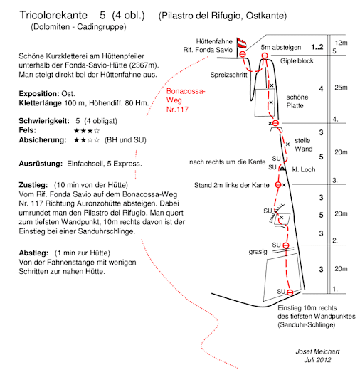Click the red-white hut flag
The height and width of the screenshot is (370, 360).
(242, 43)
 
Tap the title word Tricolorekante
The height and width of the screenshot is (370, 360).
(53, 15)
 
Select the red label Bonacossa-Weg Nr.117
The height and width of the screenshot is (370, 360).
(186, 100)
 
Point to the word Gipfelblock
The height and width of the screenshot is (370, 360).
(297, 61)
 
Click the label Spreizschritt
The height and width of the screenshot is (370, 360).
(228, 75)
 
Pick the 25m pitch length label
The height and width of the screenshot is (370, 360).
(341, 88)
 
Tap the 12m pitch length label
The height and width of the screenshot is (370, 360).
(341, 43)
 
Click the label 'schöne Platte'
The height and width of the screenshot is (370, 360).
(297, 101)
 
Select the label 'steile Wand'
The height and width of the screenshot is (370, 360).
(304, 144)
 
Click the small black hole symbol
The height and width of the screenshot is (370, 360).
(282, 169)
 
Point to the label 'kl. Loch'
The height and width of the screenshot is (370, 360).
(304, 169)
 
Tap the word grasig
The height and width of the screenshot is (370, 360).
(258, 252)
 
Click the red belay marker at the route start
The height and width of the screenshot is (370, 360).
(290, 292)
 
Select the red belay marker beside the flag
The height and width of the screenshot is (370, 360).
(243, 54)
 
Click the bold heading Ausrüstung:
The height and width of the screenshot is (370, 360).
(41, 164)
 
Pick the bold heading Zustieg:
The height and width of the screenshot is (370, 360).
(33, 185)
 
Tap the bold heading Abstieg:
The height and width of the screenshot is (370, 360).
(33, 253)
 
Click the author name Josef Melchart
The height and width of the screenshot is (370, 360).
(317, 351)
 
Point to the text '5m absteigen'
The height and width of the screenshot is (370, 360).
(281, 48)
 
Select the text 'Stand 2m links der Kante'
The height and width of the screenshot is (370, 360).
(232, 185)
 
